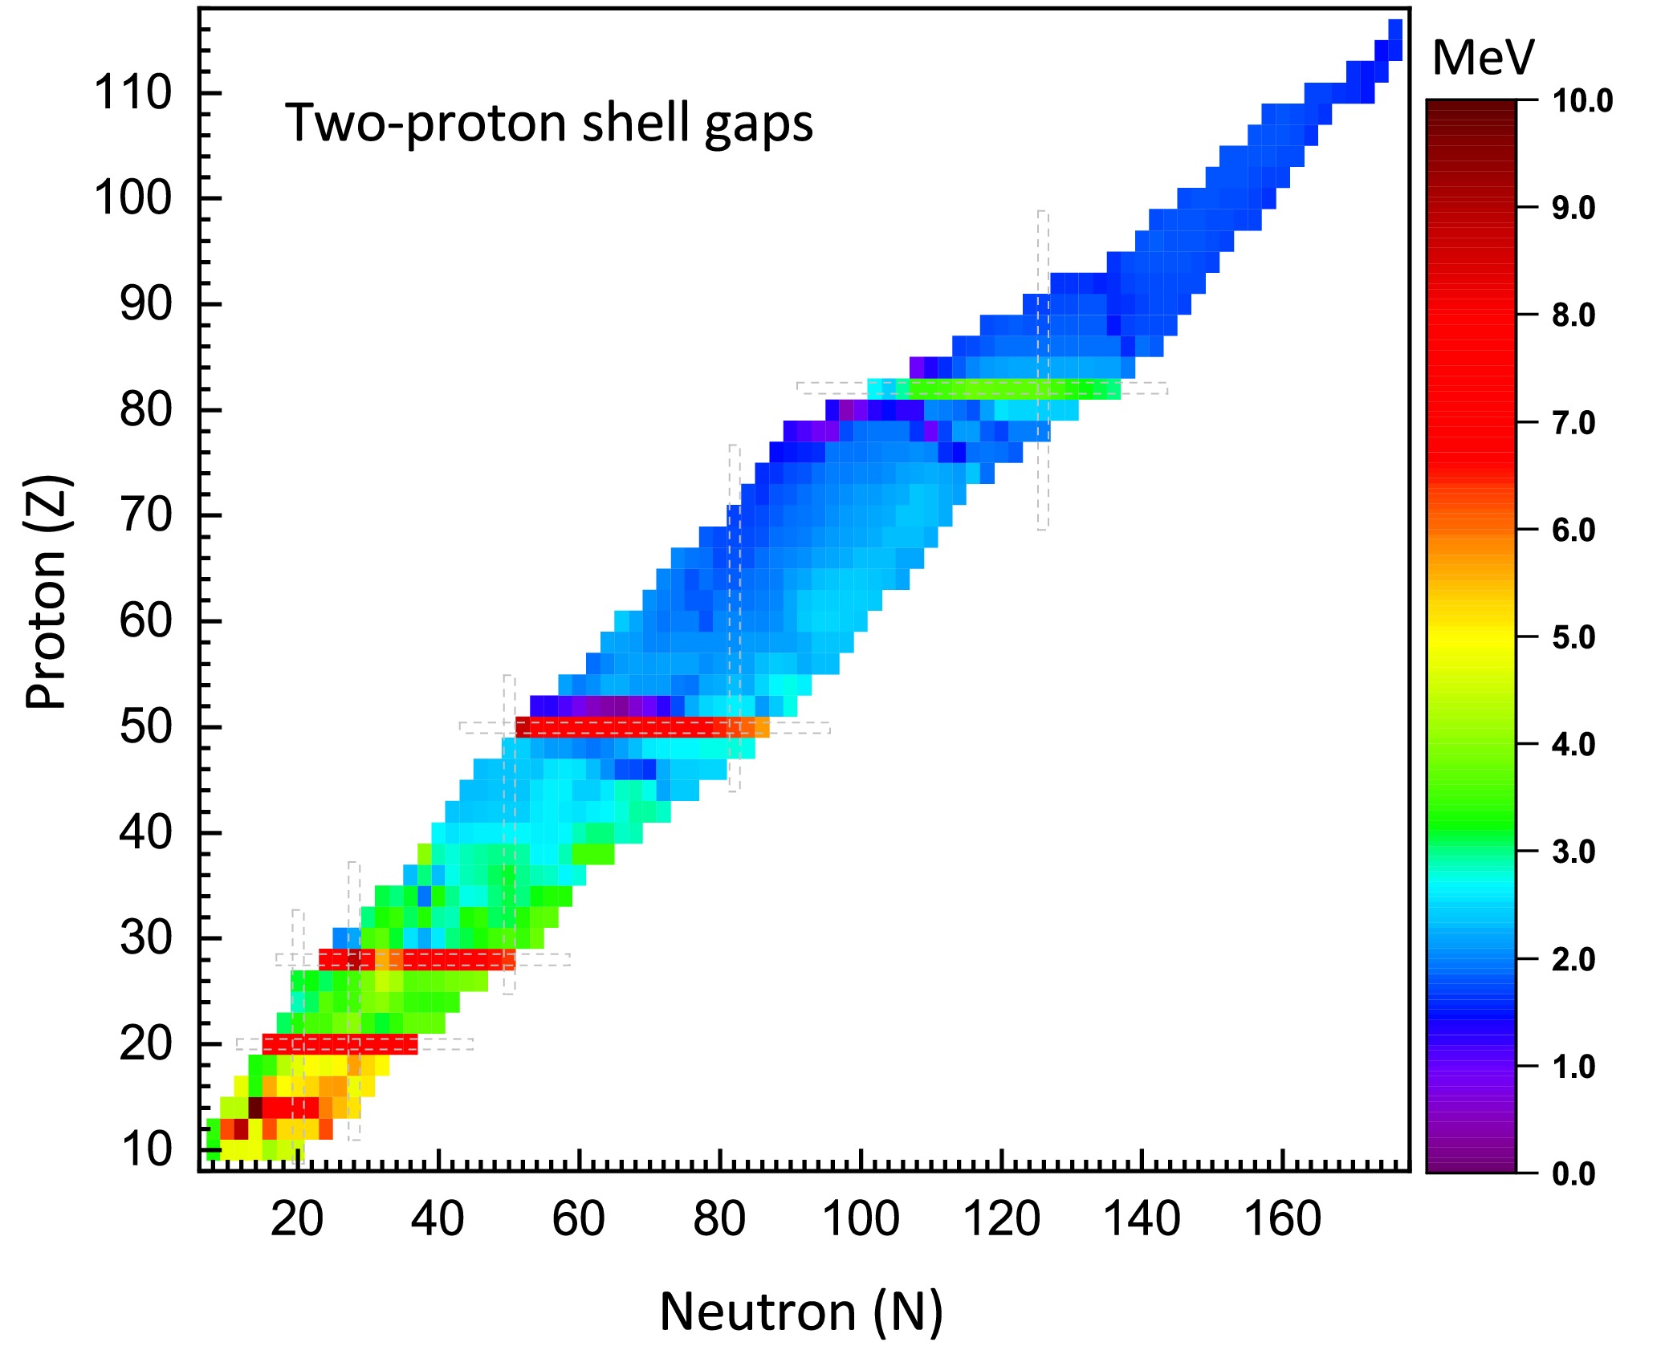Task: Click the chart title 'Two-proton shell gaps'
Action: pos(549,124)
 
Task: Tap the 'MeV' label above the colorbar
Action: pos(1483,58)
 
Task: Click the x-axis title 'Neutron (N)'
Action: pos(801,1312)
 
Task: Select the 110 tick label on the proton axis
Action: pos(133,92)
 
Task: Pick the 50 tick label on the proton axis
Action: pos(146,727)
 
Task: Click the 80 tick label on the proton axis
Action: pos(146,410)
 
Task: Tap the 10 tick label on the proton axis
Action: pos(146,1149)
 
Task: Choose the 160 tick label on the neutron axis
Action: pos(1282,1219)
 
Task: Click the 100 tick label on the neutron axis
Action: pos(861,1219)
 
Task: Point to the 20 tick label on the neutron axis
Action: pos(296,1219)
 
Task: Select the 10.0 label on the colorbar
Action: pos(1582,102)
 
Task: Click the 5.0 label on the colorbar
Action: pos(1573,638)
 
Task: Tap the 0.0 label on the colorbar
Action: pos(1573,1174)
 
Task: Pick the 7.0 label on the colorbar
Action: pos(1573,424)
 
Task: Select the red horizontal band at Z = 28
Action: pos(417,959)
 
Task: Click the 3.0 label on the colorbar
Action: pos(1573,852)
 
